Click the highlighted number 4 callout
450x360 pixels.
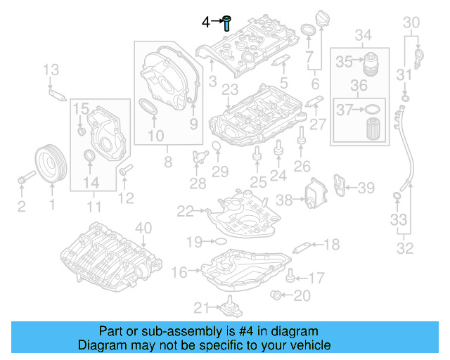tap(206, 22)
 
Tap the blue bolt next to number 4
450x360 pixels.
tap(228, 22)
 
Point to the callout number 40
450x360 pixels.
tap(143, 227)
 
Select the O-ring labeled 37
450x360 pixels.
tap(373, 109)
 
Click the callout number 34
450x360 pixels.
tap(363, 35)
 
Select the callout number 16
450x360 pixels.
tap(179, 271)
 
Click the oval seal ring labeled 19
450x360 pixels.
tap(219, 241)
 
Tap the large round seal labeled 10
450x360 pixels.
tap(150, 109)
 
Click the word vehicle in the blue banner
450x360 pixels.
tap(309, 345)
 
